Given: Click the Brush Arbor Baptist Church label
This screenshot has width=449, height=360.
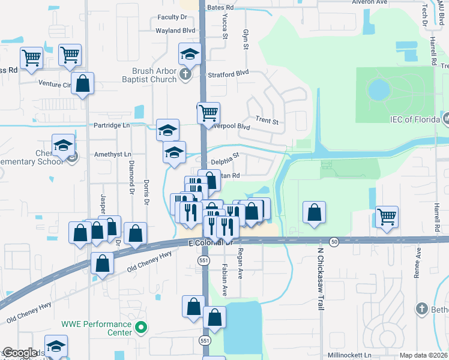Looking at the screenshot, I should (x=146, y=75).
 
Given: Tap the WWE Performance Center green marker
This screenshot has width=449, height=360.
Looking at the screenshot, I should (x=141, y=328).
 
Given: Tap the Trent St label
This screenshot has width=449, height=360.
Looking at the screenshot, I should (x=267, y=121).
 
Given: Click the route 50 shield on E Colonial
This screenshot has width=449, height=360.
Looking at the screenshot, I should (x=334, y=241).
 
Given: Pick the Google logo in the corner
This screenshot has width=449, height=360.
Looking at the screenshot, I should (x=20, y=353).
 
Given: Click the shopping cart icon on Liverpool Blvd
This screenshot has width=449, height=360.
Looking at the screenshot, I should (x=208, y=112).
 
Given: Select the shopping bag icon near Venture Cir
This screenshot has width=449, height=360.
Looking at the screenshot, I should (x=83, y=83).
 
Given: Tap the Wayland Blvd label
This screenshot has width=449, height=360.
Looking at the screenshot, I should (x=176, y=30).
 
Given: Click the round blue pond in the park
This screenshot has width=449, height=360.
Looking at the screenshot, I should (x=378, y=90).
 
